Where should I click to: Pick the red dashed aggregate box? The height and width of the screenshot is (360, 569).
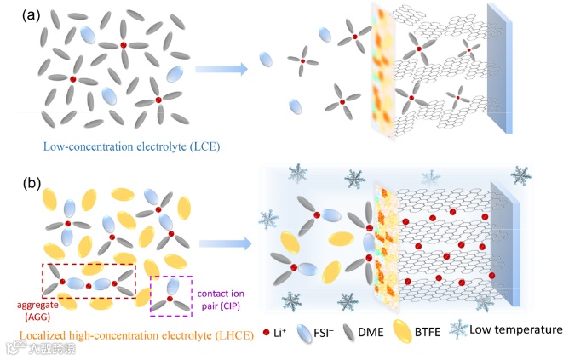(x=89, y=280)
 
